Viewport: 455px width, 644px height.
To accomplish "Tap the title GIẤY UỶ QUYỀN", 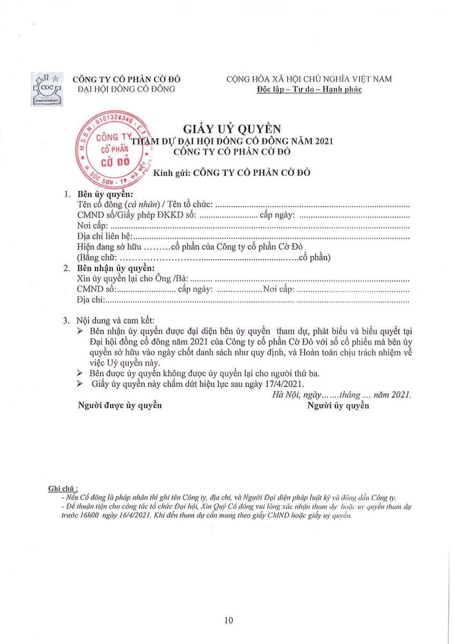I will point(232,129).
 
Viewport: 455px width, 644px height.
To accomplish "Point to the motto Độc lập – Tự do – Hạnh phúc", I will point(309,89).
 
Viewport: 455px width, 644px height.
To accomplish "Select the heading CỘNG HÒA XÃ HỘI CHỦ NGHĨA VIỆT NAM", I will point(309,79).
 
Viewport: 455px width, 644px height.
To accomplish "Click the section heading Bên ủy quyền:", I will point(105,194).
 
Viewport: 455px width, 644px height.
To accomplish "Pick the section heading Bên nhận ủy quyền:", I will point(116,268).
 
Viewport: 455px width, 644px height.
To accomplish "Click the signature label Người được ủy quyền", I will point(120,405).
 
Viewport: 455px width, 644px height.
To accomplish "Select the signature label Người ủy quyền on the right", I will point(338,405).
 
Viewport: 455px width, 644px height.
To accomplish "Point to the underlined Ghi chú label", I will point(63,488).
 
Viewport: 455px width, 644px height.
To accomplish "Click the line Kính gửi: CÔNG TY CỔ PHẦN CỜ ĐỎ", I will point(231,173).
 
